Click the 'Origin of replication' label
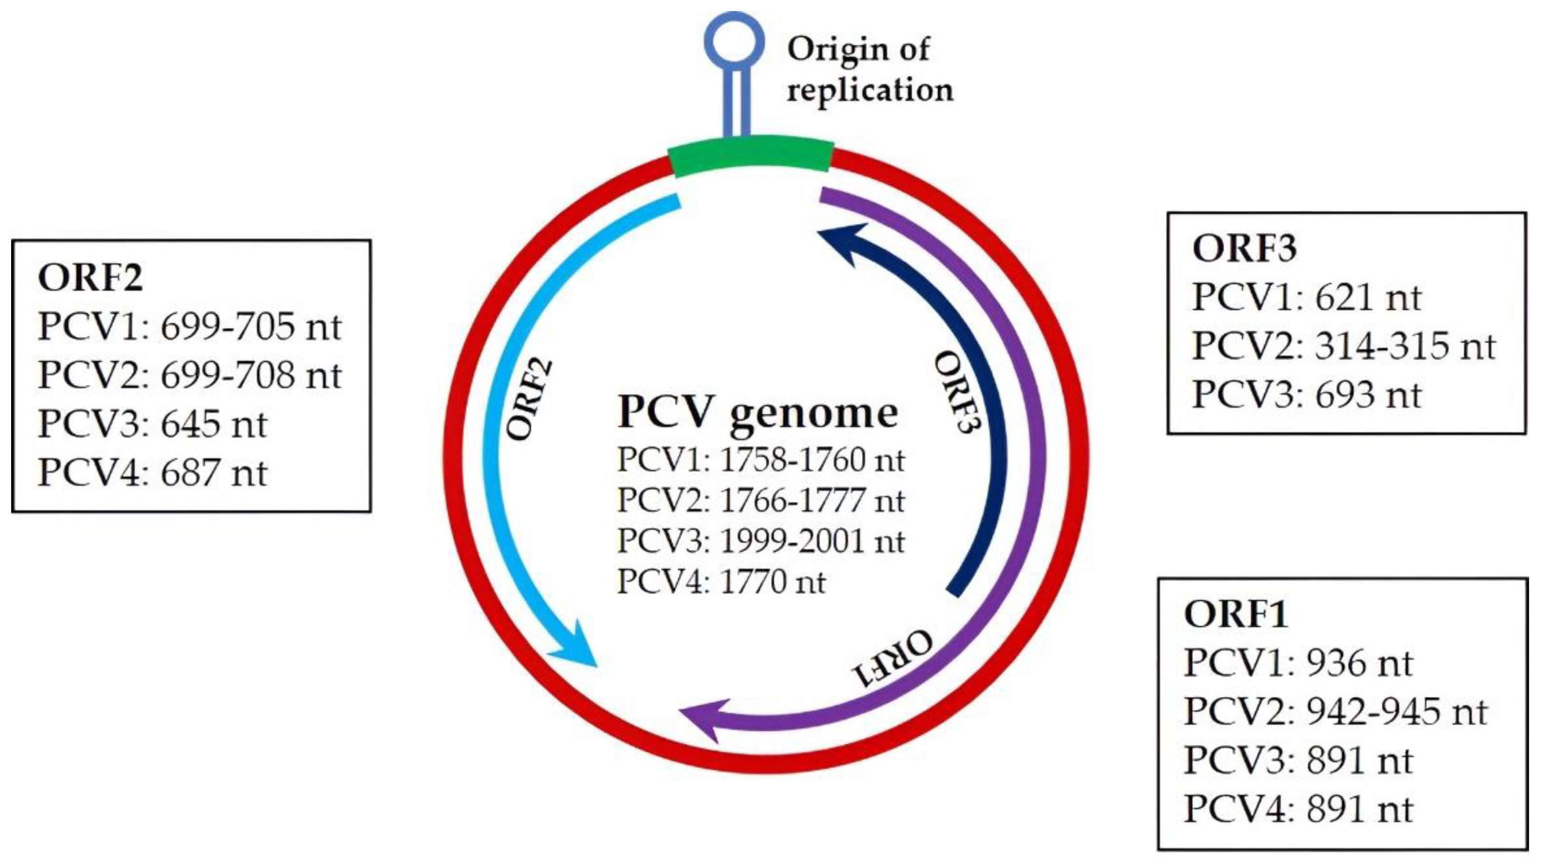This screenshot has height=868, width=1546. [869, 69]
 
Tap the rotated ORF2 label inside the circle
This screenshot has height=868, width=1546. [530, 400]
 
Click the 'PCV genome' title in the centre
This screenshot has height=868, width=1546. [758, 413]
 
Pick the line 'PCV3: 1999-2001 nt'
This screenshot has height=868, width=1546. [760, 541]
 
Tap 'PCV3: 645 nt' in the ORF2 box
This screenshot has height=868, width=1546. [153, 425]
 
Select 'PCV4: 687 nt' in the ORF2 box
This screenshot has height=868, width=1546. [153, 474]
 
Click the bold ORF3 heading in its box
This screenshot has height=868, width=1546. [1244, 248]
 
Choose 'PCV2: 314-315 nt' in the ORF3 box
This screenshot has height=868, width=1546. [1343, 347]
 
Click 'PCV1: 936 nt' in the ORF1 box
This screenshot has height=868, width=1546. [1298, 664]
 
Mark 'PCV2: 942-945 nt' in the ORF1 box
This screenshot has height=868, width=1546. [1335, 712]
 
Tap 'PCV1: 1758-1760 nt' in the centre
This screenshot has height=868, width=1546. [760, 461]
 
